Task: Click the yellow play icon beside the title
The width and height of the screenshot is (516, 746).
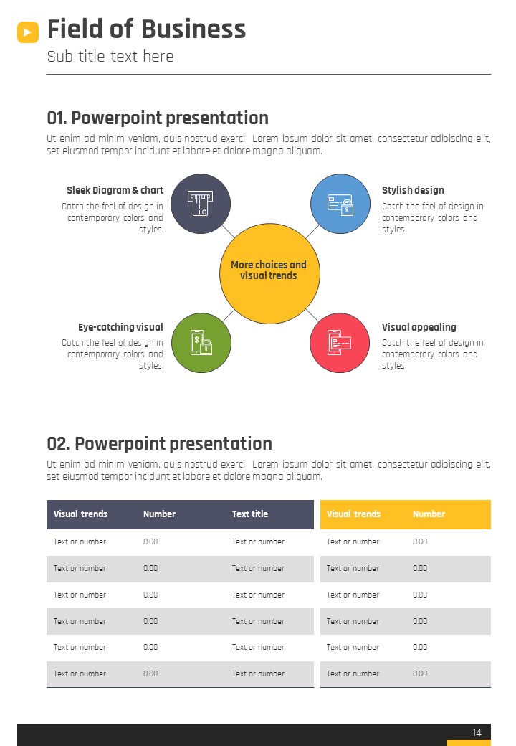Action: (x=28, y=32)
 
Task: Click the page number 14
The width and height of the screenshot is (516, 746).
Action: (x=477, y=732)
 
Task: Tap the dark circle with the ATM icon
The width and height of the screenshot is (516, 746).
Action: (x=201, y=204)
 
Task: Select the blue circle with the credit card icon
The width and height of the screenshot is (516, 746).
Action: (x=340, y=204)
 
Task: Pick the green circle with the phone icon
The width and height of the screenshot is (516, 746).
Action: (x=201, y=343)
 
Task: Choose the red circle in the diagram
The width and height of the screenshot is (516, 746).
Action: (x=340, y=343)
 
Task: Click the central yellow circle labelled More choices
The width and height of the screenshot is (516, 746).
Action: (x=269, y=273)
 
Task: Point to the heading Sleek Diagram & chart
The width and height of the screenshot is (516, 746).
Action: (x=115, y=190)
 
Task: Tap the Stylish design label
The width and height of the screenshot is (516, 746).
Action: (x=413, y=190)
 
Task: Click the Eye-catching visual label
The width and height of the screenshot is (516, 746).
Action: (x=120, y=327)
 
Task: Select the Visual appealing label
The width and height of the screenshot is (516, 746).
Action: (x=419, y=327)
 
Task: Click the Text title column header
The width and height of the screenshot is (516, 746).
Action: (x=250, y=514)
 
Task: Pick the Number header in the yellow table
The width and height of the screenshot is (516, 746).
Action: (x=429, y=514)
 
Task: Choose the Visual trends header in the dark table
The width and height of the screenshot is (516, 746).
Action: (x=81, y=514)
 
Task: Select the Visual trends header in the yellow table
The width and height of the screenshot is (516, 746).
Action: (x=353, y=514)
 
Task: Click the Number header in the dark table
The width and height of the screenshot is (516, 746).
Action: (x=160, y=514)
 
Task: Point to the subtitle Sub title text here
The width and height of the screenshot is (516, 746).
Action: (x=110, y=57)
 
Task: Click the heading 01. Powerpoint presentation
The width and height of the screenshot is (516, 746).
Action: (x=158, y=118)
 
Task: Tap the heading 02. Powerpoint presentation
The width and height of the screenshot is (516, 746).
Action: (x=160, y=443)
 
